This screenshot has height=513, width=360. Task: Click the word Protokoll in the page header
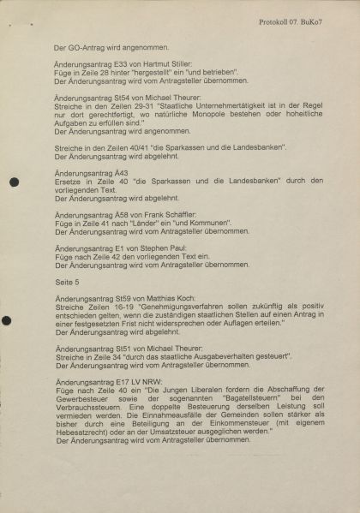point(280,20)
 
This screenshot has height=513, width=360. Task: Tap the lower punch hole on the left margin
point(7,321)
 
